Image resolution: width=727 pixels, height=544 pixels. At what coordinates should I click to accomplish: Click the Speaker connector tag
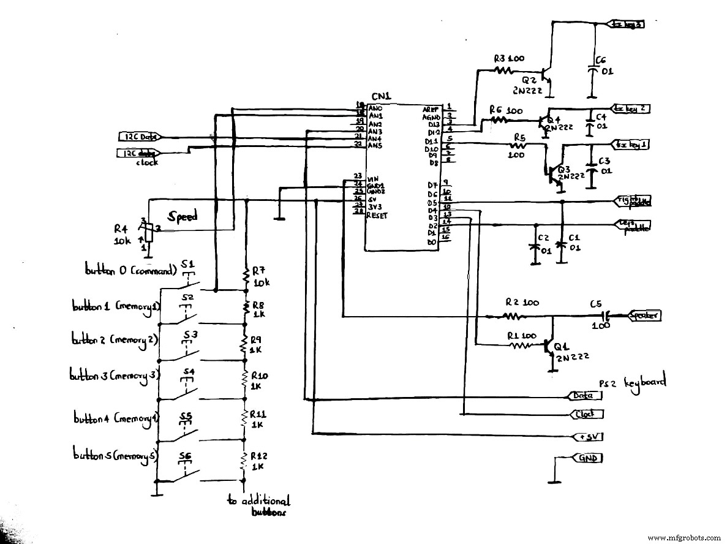coord(643,315)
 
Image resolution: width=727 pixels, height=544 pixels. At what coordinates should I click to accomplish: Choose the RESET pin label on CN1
coord(377,216)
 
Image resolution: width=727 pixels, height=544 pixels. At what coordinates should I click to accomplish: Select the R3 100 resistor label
coord(510,59)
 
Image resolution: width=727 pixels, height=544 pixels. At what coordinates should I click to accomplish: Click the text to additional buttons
coord(258,506)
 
